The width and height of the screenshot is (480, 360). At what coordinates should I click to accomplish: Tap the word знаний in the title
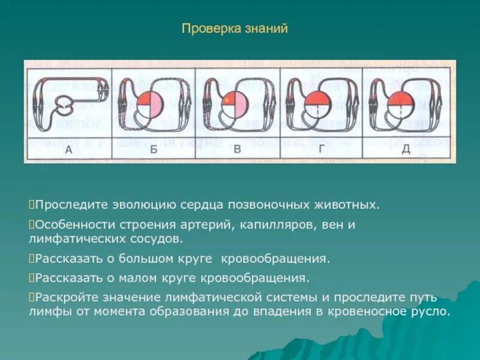click(x=266, y=29)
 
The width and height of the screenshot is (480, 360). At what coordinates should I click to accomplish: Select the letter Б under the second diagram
click(x=154, y=149)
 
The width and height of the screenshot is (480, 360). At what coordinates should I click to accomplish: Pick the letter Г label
click(x=322, y=149)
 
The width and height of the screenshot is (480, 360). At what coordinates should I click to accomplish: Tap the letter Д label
click(x=406, y=149)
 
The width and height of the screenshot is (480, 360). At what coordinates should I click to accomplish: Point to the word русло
click(x=433, y=312)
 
